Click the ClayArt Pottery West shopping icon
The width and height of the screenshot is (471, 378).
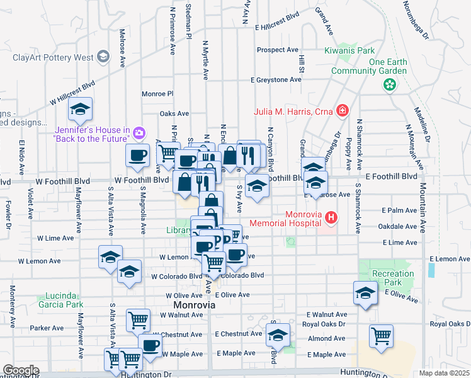click(103, 57)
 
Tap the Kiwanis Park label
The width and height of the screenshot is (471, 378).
click(349, 50)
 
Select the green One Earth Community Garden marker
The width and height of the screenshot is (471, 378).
click(390, 83)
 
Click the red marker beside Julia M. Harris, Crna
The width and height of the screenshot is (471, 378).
click(342, 112)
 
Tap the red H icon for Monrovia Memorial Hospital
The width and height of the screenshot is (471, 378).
click(331, 218)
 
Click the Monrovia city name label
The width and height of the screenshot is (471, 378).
click(194, 305)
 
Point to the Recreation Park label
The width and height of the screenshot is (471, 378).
click(393, 278)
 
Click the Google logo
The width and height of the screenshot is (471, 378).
click(21, 370)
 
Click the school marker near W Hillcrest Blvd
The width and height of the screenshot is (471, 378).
click(81, 110)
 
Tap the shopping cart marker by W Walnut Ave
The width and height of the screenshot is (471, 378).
click(138, 319)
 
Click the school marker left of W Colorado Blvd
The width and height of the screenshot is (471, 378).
click(129, 272)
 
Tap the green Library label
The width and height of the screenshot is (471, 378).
click(179, 231)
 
